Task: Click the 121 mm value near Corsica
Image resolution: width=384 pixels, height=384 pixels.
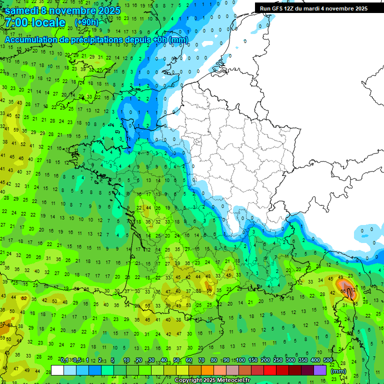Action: (x=353, y=289)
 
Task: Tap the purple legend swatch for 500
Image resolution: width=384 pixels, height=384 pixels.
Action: (x=320, y=370)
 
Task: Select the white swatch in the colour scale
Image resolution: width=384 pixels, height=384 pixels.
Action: (x=57, y=370)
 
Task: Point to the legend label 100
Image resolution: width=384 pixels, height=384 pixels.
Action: (x=240, y=360)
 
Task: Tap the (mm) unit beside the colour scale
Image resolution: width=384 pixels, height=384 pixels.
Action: (x=338, y=371)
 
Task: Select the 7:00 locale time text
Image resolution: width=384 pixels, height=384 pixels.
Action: (x=35, y=23)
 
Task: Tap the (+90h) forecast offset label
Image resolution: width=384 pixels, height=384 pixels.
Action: (x=86, y=22)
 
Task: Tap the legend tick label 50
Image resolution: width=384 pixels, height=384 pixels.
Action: (x=176, y=360)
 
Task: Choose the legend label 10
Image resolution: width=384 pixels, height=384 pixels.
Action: (x=126, y=360)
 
